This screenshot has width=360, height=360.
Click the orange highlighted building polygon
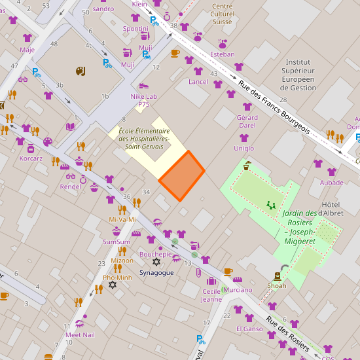coord(182,175)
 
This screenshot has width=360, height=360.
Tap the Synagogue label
coord(157,272)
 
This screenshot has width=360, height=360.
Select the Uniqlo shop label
coord(243,149)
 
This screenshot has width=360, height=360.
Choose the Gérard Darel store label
coord(247,121)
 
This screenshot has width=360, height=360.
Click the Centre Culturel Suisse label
coord(223,14)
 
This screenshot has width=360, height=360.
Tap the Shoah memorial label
coord(277,285)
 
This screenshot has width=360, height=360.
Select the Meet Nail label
coord(80,334)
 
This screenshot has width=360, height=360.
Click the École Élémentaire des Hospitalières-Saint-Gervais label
coord(144,138)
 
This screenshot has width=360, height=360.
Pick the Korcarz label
coord(31,158)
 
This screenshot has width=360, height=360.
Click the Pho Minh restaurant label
coord(117,278)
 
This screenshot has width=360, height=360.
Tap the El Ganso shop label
coord(249,328)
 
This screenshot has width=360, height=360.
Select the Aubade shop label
coord(332,183)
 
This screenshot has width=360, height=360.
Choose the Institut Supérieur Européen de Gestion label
coord(298,74)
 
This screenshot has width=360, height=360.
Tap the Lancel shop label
coord(198,82)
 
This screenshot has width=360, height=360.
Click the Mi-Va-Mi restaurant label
coord(122,219)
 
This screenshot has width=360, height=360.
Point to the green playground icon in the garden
coord(270,205)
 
